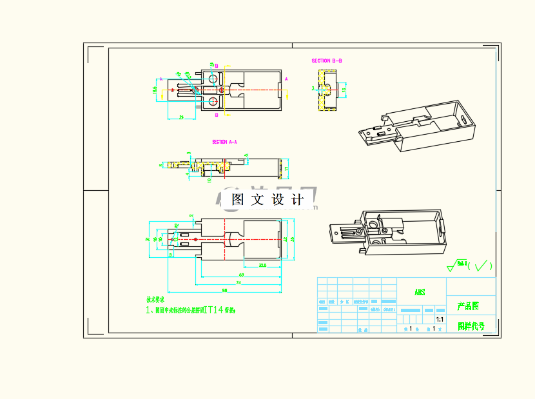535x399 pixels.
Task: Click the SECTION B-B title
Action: (x=327, y=61)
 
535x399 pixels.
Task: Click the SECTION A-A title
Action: (x=224, y=142)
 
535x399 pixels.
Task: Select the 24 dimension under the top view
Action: (x=182, y=117)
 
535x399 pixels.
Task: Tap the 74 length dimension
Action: (x=238, y=282)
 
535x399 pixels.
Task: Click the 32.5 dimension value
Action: (x=262, y=266)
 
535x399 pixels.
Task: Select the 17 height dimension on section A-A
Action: (x=287, y=168)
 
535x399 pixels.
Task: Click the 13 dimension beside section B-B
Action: (x=344, y=90)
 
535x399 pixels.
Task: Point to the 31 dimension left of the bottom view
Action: (x=148, y=239)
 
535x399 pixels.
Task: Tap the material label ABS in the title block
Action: (x=420, y=292)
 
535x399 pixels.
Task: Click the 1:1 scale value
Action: (x=440, y=319)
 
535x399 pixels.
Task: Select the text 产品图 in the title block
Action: (x=468, y=306)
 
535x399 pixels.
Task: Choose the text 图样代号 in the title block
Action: (x=471, y=326)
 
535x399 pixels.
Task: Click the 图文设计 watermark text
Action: (x=267, y=200)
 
